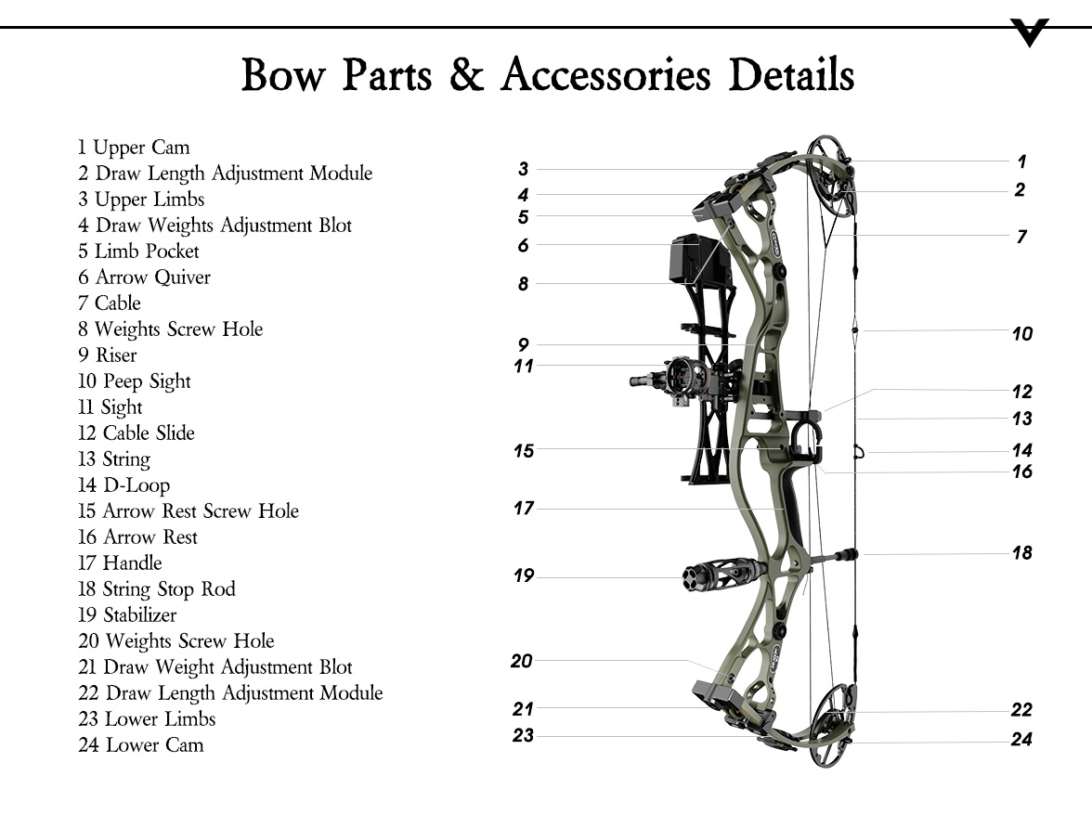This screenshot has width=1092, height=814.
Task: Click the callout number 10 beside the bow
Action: tap(1021, 334)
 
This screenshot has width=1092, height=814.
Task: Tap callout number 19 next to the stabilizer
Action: tap(524, 575)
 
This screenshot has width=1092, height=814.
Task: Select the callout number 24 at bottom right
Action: tap(1021, 740)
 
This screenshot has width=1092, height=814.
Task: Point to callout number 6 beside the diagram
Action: tap(524, 246)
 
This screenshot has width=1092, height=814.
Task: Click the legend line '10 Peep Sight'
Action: tap(135, 381)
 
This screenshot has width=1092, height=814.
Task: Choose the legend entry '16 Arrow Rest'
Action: tap(138, 537)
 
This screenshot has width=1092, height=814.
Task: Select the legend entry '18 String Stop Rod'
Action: tap(157, 589)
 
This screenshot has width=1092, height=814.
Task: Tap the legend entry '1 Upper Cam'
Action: tap(134, 148)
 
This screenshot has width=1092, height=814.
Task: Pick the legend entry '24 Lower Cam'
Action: tap(140, 745)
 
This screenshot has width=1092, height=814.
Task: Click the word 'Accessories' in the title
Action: tap(606, 75)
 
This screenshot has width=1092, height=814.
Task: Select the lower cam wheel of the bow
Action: tap(832, 723)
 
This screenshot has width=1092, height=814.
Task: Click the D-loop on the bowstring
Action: tap(860, 452)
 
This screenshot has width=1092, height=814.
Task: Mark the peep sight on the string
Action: tap(855, 329)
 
